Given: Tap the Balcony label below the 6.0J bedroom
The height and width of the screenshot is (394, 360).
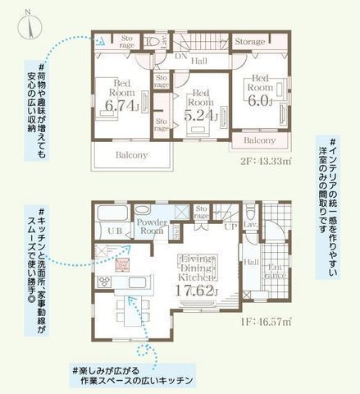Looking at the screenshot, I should click(261, 140).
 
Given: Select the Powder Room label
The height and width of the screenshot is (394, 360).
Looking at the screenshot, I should click(153, 227).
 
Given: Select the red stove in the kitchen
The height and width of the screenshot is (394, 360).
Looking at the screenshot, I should click(125, 264).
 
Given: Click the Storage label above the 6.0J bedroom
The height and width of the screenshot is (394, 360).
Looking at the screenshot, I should click(249, 41).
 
